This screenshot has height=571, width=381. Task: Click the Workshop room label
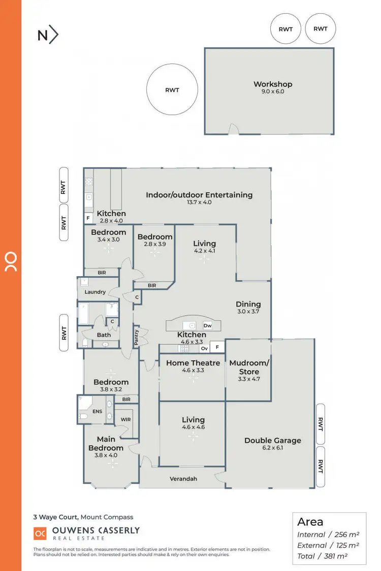tap(273, 84)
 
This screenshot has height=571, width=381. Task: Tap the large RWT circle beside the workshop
tap(172, 90)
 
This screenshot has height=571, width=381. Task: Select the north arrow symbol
tap(48, 35)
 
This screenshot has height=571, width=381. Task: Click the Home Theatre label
tap(193, 363)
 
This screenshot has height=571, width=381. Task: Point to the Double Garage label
tap(273, 441)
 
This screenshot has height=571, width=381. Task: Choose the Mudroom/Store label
tap(249, 367)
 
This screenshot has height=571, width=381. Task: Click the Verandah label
tap(183, 479)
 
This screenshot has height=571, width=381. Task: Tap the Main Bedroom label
tap(106, 444)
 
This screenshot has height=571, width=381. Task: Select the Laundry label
tap(95, 292)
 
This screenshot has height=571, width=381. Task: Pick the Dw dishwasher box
tap(207, 325)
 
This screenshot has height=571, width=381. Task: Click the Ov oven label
tap(204, 348)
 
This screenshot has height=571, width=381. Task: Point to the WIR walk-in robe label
tap(125, 420)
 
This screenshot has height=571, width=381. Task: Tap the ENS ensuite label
tap(109, 411)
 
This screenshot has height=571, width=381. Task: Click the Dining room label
tap(248, 305)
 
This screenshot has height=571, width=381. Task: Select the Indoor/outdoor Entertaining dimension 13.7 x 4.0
tap(199, 202)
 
